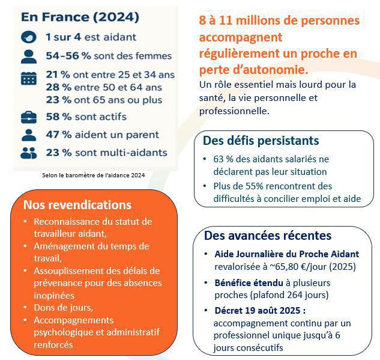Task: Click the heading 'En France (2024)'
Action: pos(80,16)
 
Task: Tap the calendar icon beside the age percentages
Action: pos(28,78)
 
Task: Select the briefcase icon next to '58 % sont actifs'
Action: pos(28,117)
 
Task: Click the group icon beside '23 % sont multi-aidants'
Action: pos(28,153)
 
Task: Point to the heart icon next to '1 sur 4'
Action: pos(28,37)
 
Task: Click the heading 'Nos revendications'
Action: pos(77,205)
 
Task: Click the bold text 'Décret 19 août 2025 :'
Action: pos(259,311)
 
